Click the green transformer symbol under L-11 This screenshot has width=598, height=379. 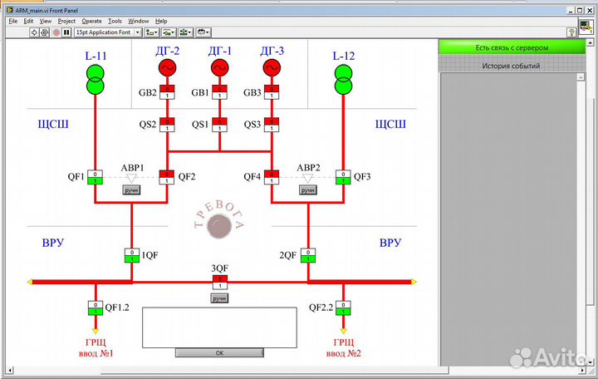tap(96, 81)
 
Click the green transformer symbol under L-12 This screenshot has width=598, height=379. tap(342, 81)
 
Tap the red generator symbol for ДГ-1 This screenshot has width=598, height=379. tap(219, 67)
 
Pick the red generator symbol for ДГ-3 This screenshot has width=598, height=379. tap(271, 67)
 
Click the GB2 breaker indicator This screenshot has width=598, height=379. tap(168, 92)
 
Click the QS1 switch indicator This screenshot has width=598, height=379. tap(219, 124)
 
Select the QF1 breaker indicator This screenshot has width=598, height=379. tap(96, 176)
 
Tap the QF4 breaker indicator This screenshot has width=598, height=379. tap(272, 176)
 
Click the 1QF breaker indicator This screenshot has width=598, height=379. tap(131, 254)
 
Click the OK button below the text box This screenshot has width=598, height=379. tap(219, 352)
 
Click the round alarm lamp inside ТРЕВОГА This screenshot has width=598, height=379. tap(219, 225)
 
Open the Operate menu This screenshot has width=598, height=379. tap(92, 21)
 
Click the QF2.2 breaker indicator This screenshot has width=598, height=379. tap(342, 308)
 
